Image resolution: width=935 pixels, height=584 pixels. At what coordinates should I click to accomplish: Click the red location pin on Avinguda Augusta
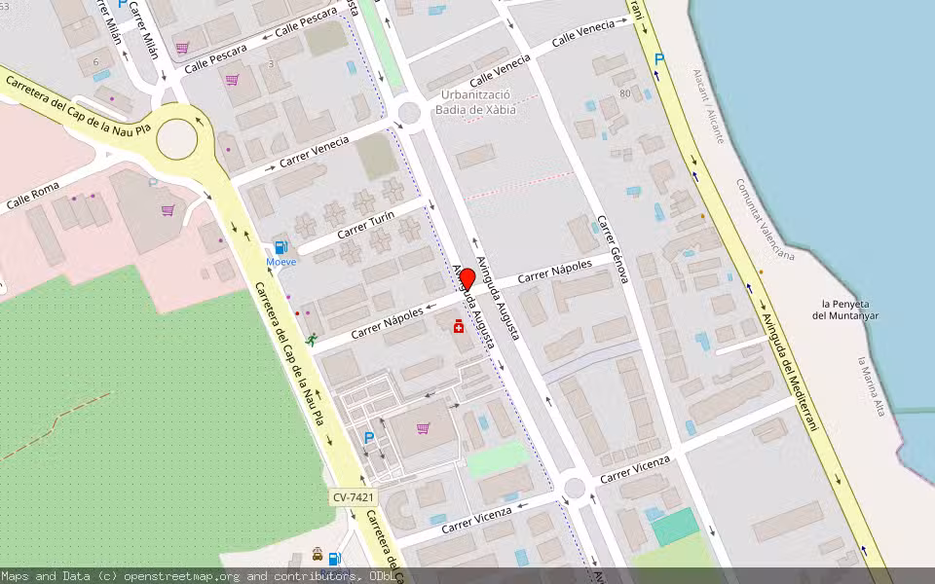(467, 278)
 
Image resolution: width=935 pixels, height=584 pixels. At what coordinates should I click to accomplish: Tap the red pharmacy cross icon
(458, 328)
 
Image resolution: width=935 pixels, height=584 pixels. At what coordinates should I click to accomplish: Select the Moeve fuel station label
(281, 262)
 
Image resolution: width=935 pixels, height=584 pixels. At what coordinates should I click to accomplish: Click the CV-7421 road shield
(353, 497)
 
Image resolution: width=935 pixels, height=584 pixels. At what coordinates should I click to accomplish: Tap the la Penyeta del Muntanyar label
(845, 310)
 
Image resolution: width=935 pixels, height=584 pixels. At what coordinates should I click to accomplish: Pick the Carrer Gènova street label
(614, 249)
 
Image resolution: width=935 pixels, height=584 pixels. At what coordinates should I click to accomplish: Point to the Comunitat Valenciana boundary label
(765, 219)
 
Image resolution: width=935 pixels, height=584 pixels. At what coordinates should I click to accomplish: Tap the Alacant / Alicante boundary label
(708, 106)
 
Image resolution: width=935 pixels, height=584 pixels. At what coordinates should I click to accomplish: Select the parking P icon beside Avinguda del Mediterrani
(659, 60)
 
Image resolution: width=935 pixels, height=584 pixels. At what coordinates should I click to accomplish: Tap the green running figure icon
(312, 340)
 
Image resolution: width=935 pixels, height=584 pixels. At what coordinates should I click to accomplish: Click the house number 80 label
(624, 93)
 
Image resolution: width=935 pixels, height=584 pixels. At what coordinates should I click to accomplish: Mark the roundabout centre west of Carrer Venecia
(176, 139)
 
